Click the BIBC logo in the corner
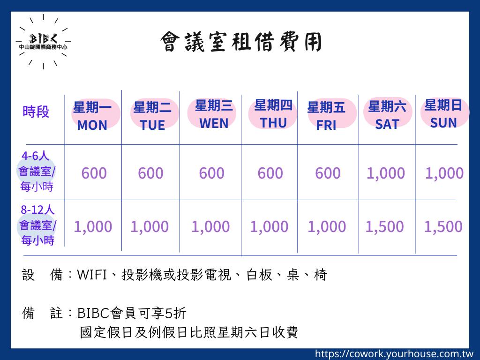(43, 42)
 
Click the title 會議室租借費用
(241, 42)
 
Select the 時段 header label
(36, 112)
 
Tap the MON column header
(92, 116)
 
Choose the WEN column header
(214, 114)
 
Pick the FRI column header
(326, 116)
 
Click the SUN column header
(443, 113)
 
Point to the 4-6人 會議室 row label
(37, 171)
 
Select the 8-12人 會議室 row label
(37, 225)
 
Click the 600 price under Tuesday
(150, 173)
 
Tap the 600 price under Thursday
(270, 173)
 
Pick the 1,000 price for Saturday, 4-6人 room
(386, 173)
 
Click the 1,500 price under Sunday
(443, 227)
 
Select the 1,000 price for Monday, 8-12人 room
(93, 227)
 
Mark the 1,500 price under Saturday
(385, 227)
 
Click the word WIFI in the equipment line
(92, 275)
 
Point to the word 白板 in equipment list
(259, 275)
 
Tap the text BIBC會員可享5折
(132, 313)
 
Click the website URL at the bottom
(394, 354)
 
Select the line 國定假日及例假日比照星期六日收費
(189, 332)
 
